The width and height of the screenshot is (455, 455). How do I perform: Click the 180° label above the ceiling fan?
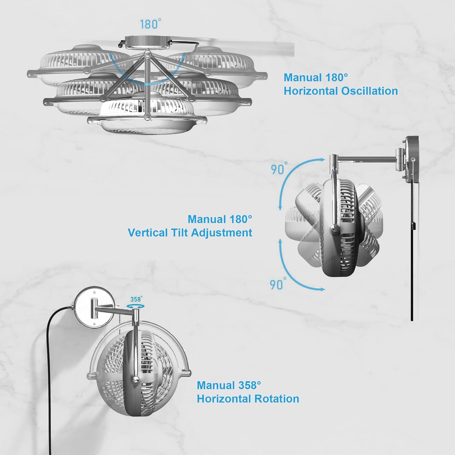pyautogui.click(x=150, y=24)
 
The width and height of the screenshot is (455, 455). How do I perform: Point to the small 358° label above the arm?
pyautogui.click(x=136, y=299)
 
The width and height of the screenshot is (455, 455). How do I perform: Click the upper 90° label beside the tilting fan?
pyautogui.click(x=279, y=169)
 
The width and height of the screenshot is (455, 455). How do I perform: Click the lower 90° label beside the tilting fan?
pyautogui.click(x=278, y=285)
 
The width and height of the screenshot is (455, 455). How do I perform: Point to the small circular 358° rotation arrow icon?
pyautogui.click(x=135, y=307)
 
